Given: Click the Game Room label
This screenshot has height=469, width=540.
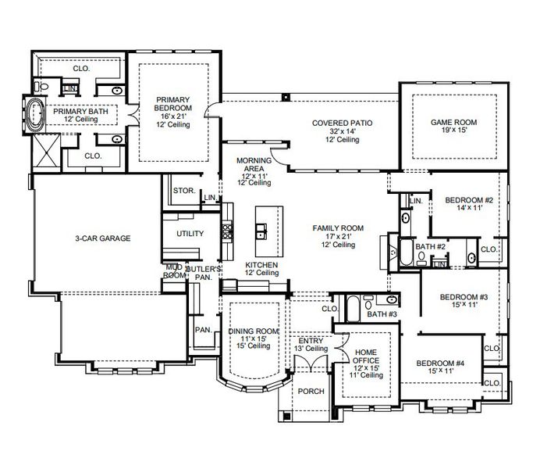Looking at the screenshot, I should coord(453,123).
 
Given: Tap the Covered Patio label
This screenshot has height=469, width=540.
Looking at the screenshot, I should coord(342,124).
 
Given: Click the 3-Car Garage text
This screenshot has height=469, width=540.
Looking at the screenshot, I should coord(102,238).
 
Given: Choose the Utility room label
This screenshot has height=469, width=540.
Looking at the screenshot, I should coord(190,234).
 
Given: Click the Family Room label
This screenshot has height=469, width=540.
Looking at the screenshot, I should coord(339,228).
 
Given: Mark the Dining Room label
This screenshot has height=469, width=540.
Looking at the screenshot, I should coord(254,331).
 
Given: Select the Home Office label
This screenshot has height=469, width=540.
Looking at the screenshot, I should coord(366,353).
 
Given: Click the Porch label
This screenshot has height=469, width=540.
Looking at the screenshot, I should coord(311,392).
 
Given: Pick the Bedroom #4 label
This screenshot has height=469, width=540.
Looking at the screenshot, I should coord(441,363).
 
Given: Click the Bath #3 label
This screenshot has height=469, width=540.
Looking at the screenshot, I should coord(382,314).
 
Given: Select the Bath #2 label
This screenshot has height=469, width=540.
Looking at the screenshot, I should coord(430,247).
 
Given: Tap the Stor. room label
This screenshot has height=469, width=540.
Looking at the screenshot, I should coord(183,190).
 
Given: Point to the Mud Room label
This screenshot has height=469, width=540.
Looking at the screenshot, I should coord(173,271).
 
